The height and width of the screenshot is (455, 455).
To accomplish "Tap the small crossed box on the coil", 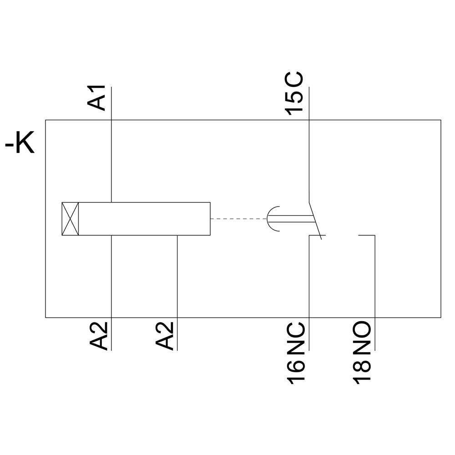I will click(70, 219).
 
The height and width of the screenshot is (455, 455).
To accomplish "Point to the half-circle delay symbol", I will click(272, 219).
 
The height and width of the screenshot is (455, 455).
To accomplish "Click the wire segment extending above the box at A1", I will click(111, 102).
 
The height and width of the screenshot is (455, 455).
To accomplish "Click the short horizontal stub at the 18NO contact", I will click(367, 235).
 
